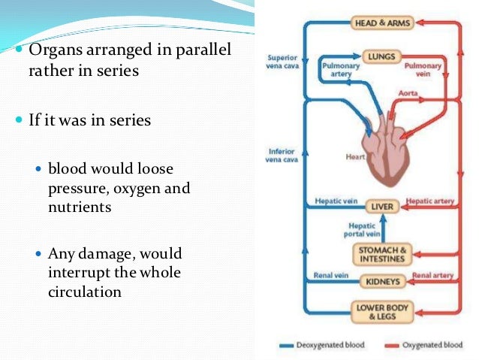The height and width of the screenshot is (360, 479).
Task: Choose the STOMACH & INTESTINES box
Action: tap(382, 254)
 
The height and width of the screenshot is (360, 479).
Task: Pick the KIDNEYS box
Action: tap(382, 282)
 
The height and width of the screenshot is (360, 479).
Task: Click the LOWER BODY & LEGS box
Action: tap(382, 311)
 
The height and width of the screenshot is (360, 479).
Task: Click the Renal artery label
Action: tap(433, 276)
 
